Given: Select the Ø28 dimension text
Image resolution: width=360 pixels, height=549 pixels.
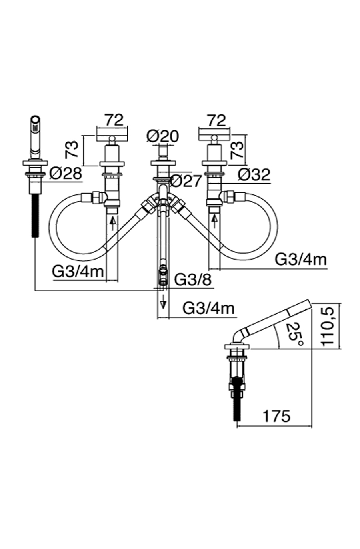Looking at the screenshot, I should coord(66,174).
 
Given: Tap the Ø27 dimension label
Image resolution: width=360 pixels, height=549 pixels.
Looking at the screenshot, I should coord(186,182).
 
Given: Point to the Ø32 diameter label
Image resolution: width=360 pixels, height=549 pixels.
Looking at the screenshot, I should coord(254,174).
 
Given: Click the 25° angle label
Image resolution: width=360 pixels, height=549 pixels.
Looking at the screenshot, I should coord(295,334).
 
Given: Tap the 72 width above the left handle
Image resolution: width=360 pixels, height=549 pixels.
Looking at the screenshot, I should coord(114,120).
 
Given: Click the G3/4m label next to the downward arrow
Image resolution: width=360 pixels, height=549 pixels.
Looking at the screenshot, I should coord(208,309).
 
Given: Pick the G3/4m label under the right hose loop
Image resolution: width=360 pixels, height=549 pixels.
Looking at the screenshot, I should coord(301,260).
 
